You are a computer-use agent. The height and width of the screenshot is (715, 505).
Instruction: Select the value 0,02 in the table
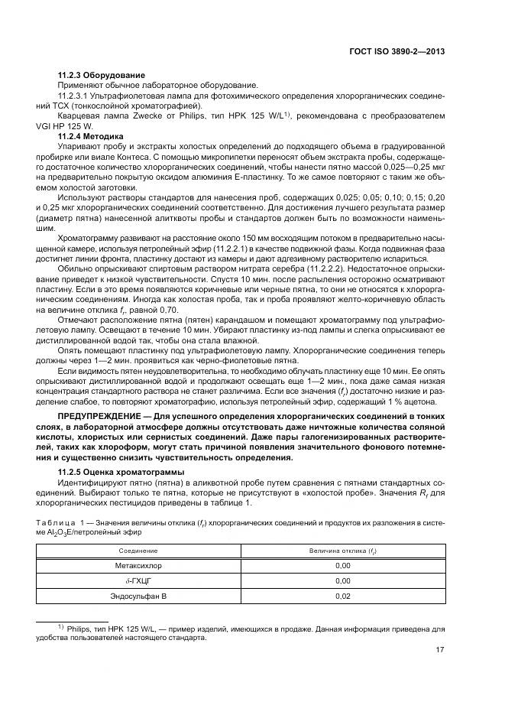click(x=342, y=596)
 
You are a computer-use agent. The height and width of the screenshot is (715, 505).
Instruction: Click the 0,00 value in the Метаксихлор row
click(x=342, y=566)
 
